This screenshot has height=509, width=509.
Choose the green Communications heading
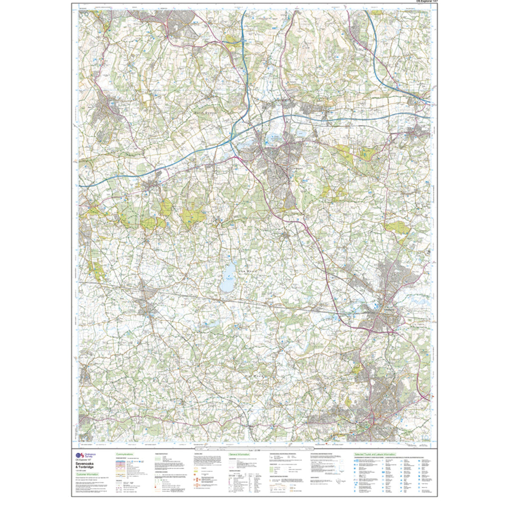(127, 454)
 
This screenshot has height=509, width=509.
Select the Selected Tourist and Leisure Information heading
(375, 454)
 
